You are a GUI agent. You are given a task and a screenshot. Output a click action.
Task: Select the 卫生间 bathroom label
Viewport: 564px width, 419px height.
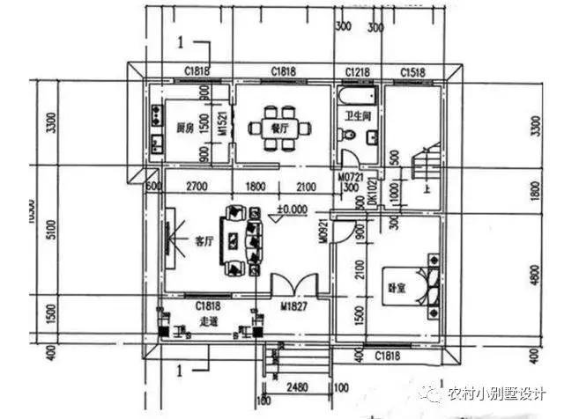[x=357, y=115]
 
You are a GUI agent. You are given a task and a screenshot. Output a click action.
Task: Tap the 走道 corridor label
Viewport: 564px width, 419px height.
[x=210, y=320]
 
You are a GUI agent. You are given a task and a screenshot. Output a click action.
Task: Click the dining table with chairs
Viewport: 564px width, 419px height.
[x=280, y=128]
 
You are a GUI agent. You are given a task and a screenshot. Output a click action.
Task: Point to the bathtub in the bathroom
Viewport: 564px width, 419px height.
[x=357, y=95]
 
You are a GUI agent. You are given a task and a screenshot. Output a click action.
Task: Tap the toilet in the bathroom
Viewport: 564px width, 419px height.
[x=351, y=136]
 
